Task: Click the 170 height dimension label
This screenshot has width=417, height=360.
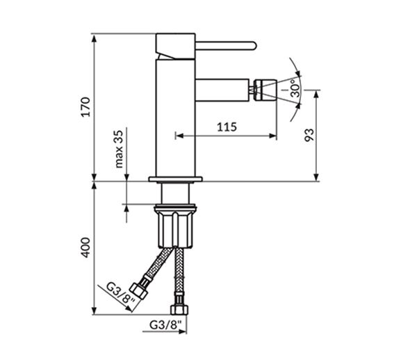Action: (86, 107)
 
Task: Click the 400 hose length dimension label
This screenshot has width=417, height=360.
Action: (86, 248)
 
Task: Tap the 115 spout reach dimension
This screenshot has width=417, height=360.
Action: (227, 127)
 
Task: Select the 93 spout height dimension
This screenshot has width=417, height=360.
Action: (309, 135)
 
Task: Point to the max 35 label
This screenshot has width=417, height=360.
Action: (119, 149)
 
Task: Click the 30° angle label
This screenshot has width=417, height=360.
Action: (295, 88)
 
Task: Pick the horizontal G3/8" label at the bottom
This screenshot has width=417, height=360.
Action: (165, 324)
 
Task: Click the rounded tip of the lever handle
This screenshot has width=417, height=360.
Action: (254, 45)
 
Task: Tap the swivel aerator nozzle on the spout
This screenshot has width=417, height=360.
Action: (265, 90)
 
